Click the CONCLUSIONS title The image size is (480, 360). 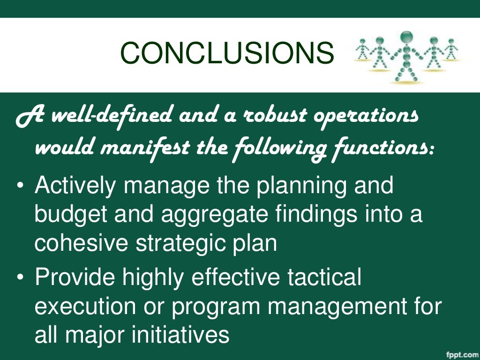click(227, 52)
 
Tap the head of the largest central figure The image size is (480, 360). click(407, 37)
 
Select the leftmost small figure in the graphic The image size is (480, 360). click(363, 50)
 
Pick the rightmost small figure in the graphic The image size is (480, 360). click(451, 50)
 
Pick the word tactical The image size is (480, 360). click(318, 278)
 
